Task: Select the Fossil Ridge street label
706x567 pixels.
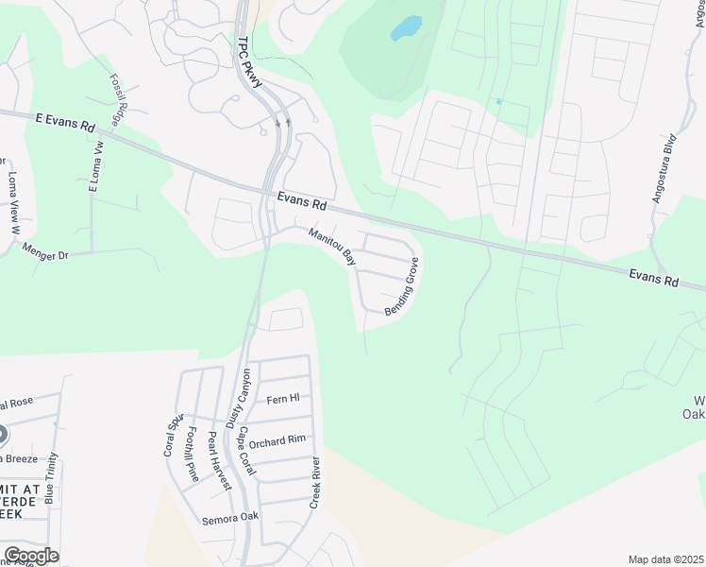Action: pyautogui.click(x=119, y=100)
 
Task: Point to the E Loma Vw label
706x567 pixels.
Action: pyautogui.click(x=94, y=166)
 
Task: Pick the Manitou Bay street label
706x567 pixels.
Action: pyautogui.click(x=331, y=245)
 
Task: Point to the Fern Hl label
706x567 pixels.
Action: pyautogui.click(x=282, y=399)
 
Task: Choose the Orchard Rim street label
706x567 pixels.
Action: pyautogui.click(x=278, y=440)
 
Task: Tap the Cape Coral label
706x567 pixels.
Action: pyautogui.click(x=247, y=452)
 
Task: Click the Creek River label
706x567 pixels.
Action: pyautogui.click(x=317, y=483)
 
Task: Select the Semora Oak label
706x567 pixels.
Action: pyautogui.click(x=230, y=518)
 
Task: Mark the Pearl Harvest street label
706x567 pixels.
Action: pyautogui.click(x=219, y=460)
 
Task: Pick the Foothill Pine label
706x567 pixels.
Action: pyautogui.click(x=193, y=455)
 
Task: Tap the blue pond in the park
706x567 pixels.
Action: pyautogui.click(x=406, y=28)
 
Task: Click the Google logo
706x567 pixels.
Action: pyautogui.click(x=31, y=555)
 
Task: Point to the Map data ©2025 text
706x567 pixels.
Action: pyautogui.click(x=665, y=559)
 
